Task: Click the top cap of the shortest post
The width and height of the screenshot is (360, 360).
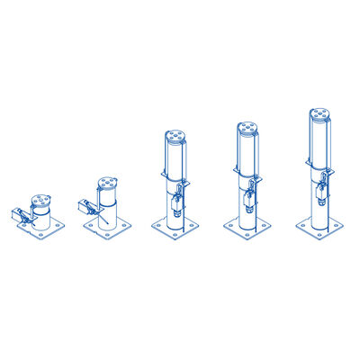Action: (40, 200)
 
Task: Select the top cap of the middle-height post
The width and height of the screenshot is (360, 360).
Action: (175, 137)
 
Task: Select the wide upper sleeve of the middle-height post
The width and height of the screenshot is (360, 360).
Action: (175, 156)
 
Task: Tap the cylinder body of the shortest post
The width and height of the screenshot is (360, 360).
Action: (41, 214)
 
